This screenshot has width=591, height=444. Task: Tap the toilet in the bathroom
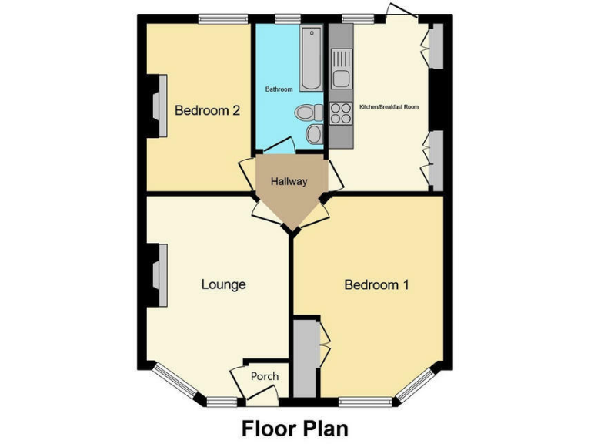point(309,113)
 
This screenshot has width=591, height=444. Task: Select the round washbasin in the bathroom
point(314,134)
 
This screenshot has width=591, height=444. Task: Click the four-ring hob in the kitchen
point(340,113)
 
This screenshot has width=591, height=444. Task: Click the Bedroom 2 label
point(207,110)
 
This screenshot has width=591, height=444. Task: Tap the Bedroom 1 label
point(376,285)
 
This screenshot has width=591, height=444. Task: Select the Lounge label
point(223,284)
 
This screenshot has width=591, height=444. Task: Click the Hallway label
point(289,182)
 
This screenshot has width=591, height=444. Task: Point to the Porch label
point(265,376)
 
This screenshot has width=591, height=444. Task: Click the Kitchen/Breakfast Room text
point(389,106)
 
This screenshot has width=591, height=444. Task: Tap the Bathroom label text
point(279,89)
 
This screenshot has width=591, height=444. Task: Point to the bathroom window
point(287,19)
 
